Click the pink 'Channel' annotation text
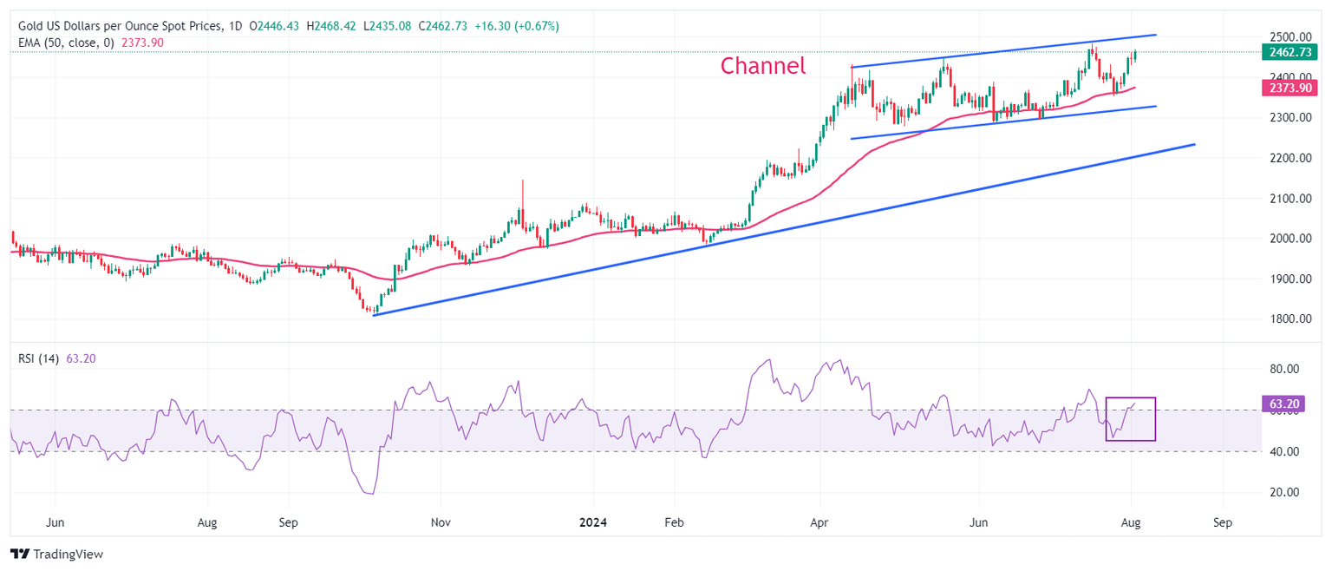click(763, 65)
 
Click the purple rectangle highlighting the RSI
click(1131, 419)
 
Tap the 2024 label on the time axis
click(593, 523)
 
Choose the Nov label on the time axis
click(441, 523)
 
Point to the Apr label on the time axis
click(819, 523)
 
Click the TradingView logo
click(56, 554)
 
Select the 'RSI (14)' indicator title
click(39, 358)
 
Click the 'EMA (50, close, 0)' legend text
click(68, 43)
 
